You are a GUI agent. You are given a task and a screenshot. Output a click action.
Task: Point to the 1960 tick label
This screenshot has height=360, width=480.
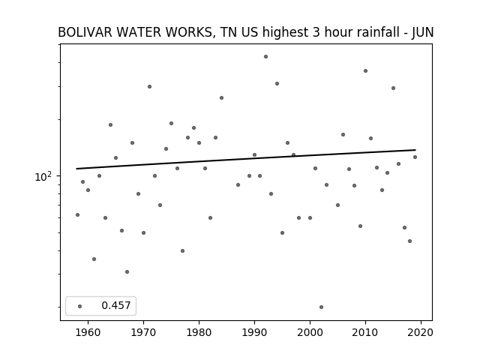point(88,332)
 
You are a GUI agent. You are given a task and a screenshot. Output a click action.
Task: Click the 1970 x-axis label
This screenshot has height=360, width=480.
point(143,332)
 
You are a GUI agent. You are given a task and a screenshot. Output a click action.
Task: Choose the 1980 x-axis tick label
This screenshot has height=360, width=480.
point(199,332)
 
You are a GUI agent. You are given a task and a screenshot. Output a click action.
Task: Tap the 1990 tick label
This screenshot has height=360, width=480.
point(254,332)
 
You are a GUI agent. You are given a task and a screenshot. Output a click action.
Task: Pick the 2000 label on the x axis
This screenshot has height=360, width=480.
point(310,332)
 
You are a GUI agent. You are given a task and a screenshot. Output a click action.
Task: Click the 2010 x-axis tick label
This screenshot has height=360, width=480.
point(365,332)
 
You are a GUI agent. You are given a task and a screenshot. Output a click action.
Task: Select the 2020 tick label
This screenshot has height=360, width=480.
point(421,332)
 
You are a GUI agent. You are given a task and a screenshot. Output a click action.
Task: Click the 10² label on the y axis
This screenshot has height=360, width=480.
point(43,177)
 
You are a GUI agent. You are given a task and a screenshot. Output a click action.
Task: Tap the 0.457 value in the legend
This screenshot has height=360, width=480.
point(116,305)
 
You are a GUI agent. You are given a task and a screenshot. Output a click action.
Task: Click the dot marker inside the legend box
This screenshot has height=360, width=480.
point(80,306)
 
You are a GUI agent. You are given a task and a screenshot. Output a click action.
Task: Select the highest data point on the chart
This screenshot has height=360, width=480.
point(265,57)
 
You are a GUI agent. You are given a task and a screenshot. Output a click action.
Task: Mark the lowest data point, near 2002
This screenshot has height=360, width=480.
point(321,307)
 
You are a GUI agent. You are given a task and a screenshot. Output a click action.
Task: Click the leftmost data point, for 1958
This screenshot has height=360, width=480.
point(77,215)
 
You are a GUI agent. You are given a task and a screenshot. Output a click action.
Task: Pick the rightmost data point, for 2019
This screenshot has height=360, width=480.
point(415,157)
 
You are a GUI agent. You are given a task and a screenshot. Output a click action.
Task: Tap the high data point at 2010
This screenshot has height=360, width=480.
point(365,71)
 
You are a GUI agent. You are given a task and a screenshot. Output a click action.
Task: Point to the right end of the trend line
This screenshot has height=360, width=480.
point(415,150)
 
